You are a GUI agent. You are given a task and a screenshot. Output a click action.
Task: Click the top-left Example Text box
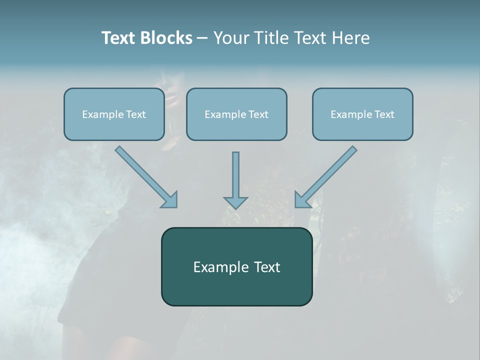pyautogui.click(x=114, y=114)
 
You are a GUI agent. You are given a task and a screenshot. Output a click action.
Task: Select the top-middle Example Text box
pyautogui.click(x=236, y=114)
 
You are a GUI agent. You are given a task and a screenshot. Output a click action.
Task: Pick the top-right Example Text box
pyautogui.click(x=362, y=114)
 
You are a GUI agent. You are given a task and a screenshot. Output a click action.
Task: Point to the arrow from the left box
pyautogui.click(x=145, y=176)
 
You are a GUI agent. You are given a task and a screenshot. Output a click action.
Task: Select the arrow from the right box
pyautogui.click(x=327, y=176)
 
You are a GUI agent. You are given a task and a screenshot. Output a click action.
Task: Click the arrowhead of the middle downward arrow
pyautogui.click(x=236, y=202)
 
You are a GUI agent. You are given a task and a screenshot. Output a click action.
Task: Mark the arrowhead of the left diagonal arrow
pyautogui.click(x=170, y=200)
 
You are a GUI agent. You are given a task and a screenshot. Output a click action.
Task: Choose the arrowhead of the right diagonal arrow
pyautogui.click(x=302, y=200)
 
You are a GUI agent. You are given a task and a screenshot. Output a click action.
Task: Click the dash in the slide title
pyautogui.click(x=202, y=38)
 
